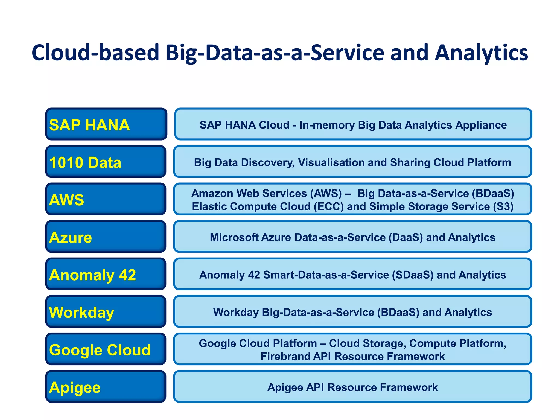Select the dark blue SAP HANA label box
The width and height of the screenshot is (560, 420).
(x=106, y=124)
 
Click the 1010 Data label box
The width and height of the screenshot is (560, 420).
(x=106, y=162)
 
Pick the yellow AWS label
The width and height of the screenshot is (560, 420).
(x=67, y=200)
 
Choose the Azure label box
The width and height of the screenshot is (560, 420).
(x=106, y=237)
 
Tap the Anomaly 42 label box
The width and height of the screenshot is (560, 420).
(x=106, y=274)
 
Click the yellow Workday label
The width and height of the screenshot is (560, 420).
(x=81, y=312)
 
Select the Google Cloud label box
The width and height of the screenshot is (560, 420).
(x=106, y=349)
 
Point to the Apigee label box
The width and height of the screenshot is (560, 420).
(x=106, y=387)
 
